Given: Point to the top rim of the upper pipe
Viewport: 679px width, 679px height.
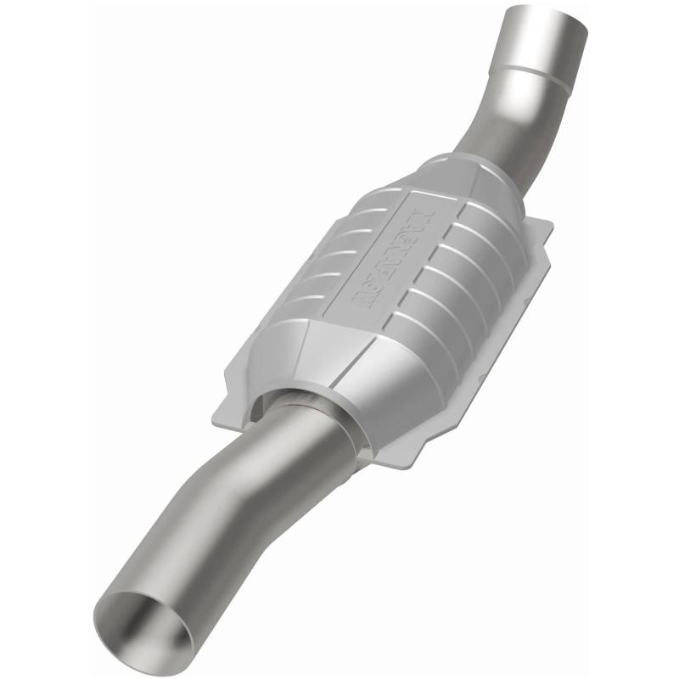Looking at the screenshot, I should coord(547,12).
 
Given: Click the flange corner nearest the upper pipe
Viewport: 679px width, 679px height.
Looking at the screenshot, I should coord(543,225).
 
